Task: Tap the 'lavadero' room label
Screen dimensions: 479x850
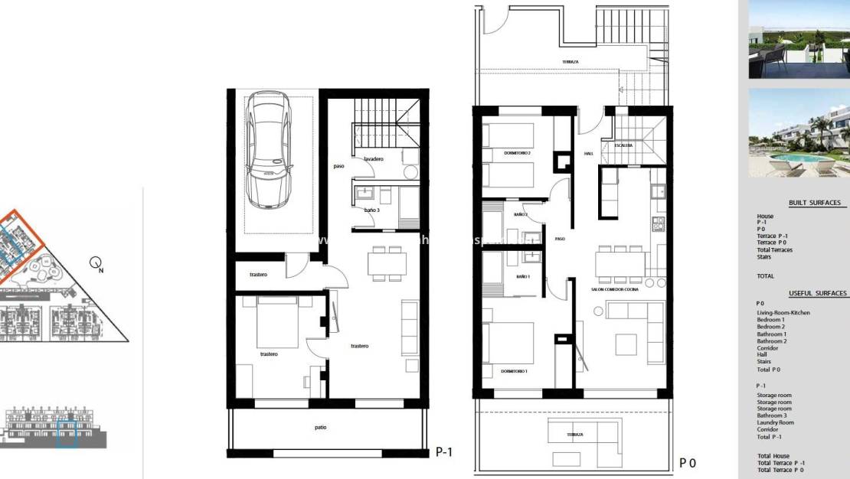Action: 374,159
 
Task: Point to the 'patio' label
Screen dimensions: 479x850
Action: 320,427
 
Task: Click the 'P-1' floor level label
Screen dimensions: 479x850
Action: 444,452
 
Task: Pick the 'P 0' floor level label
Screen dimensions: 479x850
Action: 687,462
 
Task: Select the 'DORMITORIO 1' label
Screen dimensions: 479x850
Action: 515,371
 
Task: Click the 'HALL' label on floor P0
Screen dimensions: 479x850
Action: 588,154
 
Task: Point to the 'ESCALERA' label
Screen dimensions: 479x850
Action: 622,145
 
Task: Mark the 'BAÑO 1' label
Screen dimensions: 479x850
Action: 522,276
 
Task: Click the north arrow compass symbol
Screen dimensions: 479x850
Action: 96,265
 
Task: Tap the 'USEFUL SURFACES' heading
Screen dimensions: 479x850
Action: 817,293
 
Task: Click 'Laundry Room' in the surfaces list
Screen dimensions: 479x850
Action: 775,422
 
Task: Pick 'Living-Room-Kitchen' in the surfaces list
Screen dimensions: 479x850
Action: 783,312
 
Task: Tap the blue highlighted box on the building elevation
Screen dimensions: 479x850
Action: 67,432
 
